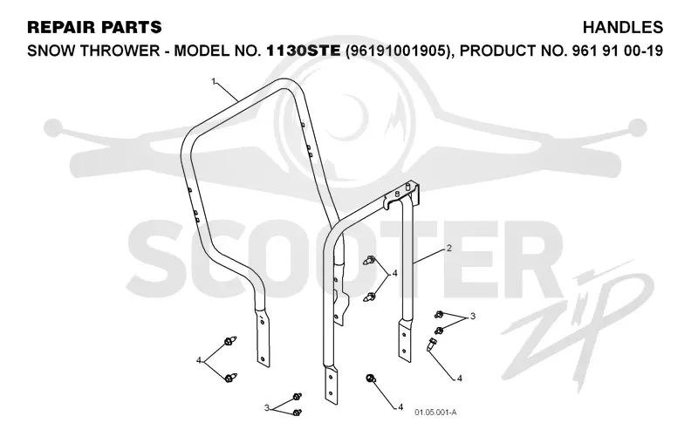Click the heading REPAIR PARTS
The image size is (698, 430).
[94, 27]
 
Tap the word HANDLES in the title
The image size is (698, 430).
[623, 27]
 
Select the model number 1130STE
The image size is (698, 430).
[304, 51]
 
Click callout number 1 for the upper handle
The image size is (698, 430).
[214, 81]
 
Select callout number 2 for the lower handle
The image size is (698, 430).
[449, 248]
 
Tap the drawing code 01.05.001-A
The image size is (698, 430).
[435, 413]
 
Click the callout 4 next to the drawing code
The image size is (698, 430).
[400, 406]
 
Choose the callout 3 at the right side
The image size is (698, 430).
[473, 316]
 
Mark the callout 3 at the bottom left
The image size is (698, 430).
[266, 407]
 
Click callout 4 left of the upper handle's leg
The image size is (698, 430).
[199, 360]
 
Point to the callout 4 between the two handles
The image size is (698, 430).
[394, 273]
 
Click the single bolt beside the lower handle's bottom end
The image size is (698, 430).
[370, 379]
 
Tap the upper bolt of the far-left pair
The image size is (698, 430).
[230, 341]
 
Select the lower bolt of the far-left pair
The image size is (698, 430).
[230, 378]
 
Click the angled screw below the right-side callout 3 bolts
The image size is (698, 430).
[432, 345]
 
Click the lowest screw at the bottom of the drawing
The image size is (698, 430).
[298, 413]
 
